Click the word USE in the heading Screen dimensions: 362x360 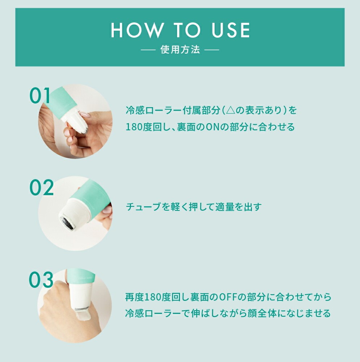point(230,30)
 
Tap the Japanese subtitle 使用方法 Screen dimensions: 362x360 point(180,50)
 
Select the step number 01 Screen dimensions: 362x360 point(40,96)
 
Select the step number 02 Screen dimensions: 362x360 point(41,188)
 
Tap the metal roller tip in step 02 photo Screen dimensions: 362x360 point(67,220)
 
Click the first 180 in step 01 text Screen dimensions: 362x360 point(134,127)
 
